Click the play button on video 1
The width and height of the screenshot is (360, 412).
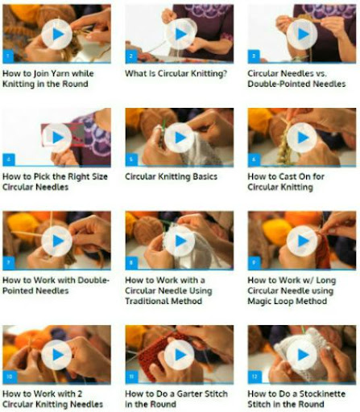point(57,35)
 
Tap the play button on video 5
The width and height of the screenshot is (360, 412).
point(180,138)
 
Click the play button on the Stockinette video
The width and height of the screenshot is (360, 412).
point(302,355)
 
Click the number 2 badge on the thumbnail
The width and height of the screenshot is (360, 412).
point(131,56)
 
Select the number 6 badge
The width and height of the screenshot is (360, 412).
point(254,159)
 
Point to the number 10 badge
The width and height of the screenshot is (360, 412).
point(10,377)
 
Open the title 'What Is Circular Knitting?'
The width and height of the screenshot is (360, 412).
point(176,73)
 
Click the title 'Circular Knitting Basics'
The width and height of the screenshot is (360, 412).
point(172,176)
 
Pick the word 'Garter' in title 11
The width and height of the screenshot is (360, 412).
point(185,393)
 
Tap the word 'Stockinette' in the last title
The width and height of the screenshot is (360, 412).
point(322,393)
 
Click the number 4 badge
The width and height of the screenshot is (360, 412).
point(9,159)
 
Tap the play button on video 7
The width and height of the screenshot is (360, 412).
point(57,241)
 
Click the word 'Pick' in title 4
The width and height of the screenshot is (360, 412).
point(41,176)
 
